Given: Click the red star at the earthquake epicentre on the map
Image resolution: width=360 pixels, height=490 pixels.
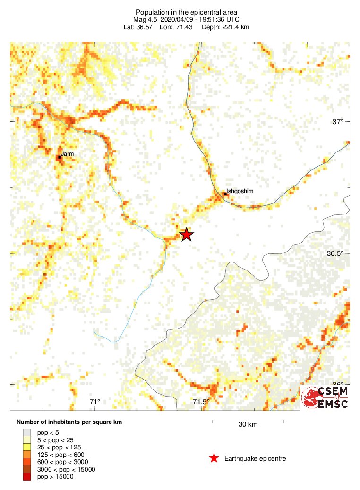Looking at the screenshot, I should (187, 234).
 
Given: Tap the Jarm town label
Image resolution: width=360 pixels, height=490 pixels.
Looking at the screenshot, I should (67, 153).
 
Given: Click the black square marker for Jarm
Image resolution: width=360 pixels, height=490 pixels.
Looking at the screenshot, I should (60, 157).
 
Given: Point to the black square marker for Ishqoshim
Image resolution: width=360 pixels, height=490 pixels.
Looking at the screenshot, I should (225, 194).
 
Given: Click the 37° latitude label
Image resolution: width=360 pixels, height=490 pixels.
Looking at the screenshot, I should (337, 122).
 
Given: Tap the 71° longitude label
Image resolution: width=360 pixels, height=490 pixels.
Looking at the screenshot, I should (95, 402).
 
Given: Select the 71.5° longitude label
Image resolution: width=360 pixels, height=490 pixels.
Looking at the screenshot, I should (201, 402).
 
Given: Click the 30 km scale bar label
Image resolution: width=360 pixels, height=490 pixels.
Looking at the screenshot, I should (248, 424).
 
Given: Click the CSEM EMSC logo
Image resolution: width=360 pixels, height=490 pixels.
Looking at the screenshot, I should (325, 397).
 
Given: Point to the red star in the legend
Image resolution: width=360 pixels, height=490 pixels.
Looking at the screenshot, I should (214, 458).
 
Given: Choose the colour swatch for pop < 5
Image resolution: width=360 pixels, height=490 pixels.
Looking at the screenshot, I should (27, 432).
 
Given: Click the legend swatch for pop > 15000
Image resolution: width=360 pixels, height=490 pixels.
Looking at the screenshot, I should (27, 477).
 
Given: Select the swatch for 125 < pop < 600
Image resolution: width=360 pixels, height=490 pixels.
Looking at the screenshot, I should (27, 455).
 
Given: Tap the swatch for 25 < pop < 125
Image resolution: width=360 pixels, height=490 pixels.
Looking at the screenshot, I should (27, 447).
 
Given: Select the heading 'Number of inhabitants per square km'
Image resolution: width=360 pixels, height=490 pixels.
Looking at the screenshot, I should (69, 422).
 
